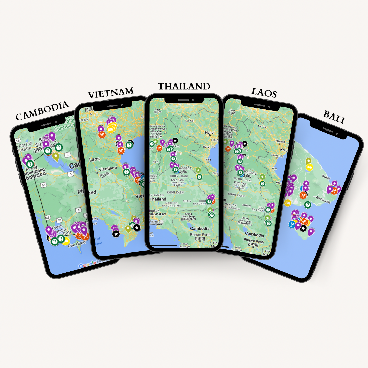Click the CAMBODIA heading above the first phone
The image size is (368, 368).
pos(42,111)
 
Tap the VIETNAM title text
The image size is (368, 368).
pos(110,93)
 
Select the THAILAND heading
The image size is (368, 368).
pos(184,86)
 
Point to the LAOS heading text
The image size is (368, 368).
pos(264,92)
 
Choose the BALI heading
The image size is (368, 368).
pos(334,117)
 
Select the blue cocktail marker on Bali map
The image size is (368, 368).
pos(292,225)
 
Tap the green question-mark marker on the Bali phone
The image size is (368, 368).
pos(308,204)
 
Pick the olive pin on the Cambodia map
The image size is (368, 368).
pos(56,157)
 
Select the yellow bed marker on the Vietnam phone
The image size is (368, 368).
pos(111,129)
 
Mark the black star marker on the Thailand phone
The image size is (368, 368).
pos(175,140)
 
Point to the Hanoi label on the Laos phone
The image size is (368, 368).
pos(280,141)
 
